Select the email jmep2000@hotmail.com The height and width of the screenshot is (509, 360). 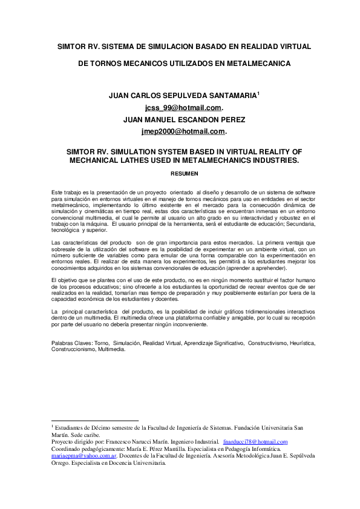[x=183, y=131]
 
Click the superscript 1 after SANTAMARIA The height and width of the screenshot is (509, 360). [x=258, y=93]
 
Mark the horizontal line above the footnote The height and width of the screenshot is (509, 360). [x=96, y=420]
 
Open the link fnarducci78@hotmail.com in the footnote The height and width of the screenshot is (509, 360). [x=255, y=442]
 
